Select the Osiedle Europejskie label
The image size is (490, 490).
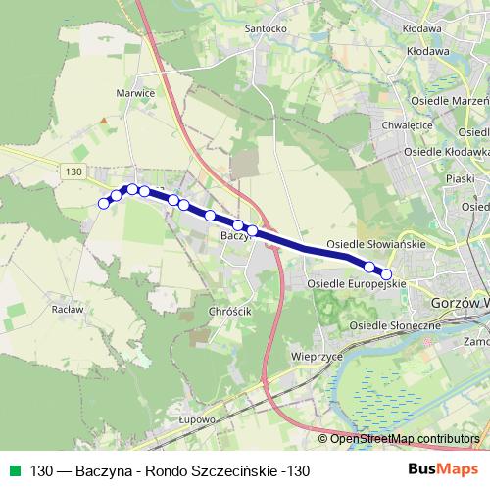pyautogui.click(x=357, y=284)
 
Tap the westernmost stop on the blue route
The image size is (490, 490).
pyautogui.click(x=103, y=204)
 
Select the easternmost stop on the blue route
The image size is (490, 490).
pyautogui.click(x=386, y=275)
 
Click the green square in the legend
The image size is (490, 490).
pyautogui.click(x=12, y=471)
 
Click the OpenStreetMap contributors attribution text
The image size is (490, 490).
pyautogui.click(x=404, y=439)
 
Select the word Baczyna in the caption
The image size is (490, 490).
pyautogui.click(x=111, y=471)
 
